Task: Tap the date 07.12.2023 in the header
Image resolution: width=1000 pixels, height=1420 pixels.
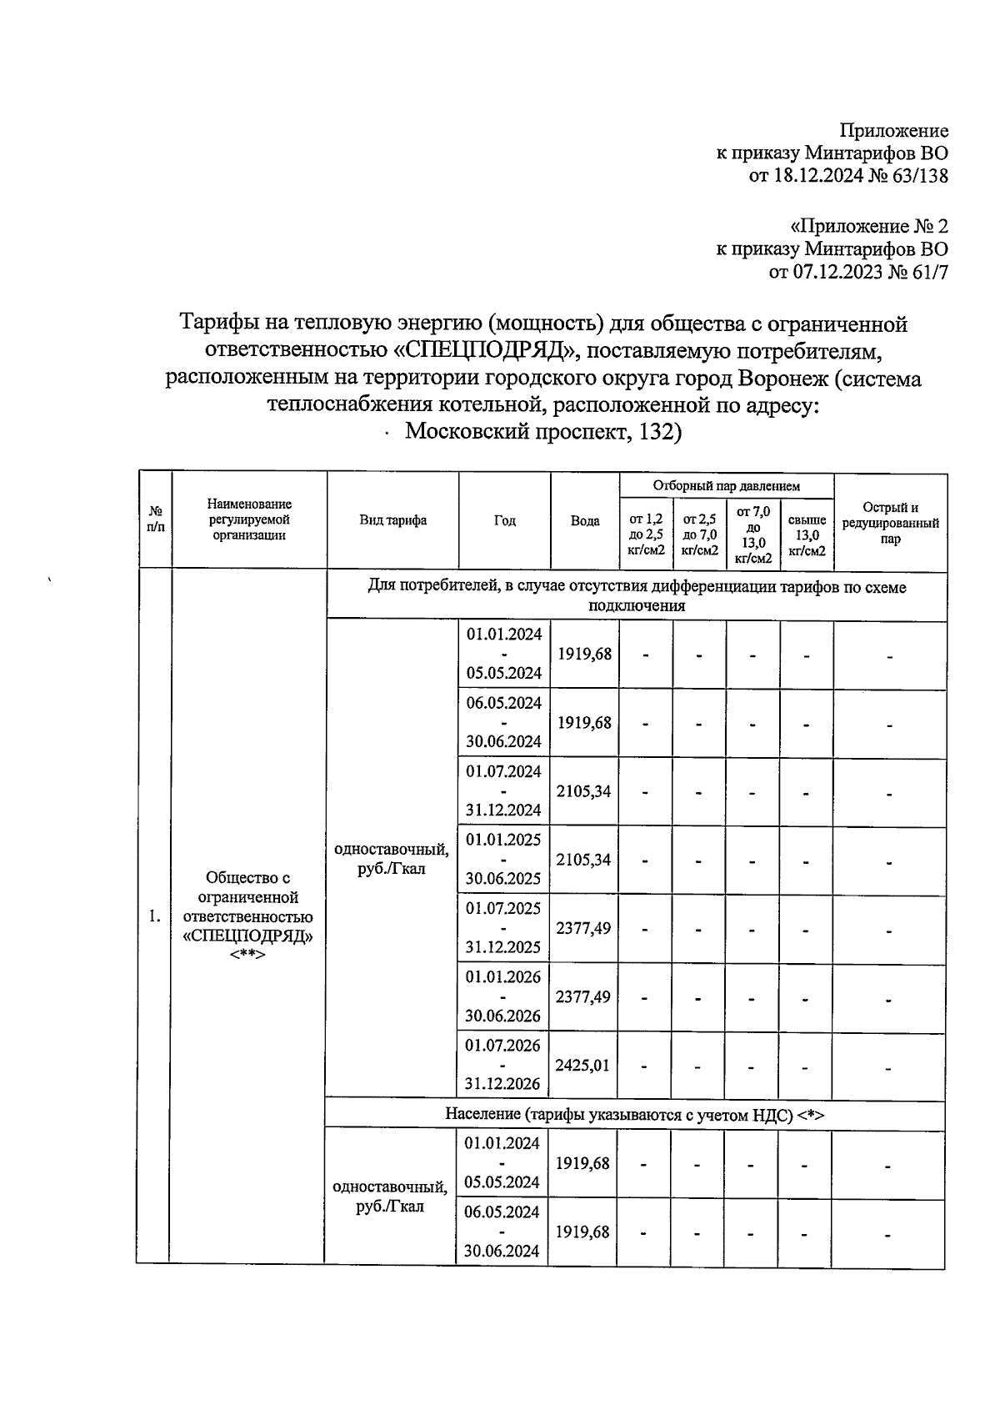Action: pyautogui.click(x=818, y=272)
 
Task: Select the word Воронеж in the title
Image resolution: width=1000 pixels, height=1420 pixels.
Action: pyautogui.click(x=782, y=379)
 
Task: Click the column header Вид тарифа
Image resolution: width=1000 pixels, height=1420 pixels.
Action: pyautogui.click(x=393, y=520)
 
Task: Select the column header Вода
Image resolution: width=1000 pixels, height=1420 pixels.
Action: pyautogui.click(x=585, y=520)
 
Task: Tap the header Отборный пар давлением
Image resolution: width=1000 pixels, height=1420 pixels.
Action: pyautogui.click(x=727, y=485)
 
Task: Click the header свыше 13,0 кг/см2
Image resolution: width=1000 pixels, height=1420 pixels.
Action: pyautogui.click(x=807, y=535)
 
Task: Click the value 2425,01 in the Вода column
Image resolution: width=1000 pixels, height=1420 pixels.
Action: pyautogui.click(x=582, y=1065)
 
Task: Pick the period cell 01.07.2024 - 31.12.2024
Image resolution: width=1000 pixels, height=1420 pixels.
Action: pyautogui.click(x=503, y=790)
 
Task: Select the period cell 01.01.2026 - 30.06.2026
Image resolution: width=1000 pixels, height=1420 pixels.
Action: pyautogui.click(x=503, y=996)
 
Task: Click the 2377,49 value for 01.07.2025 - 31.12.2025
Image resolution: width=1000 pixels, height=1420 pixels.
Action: pyautogui.click(x=583, y=928)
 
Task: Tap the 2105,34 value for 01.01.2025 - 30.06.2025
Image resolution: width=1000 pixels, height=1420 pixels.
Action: pyautogui.click(x=583, y=860)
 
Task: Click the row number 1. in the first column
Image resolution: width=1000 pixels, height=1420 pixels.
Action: pyautogui.click(x=154, y=916)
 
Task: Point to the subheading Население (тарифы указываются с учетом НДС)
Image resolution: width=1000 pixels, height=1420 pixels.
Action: pyautogui.click(x=634, y=1115)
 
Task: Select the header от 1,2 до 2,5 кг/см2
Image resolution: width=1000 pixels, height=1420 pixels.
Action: pyautogui.click(x=646, y=535)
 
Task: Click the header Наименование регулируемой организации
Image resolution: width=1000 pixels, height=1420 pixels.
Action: pyautogui.click(x=249, y=519)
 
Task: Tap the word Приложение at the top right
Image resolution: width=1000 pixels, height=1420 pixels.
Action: pyautogui.click(x=893, y=131)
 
